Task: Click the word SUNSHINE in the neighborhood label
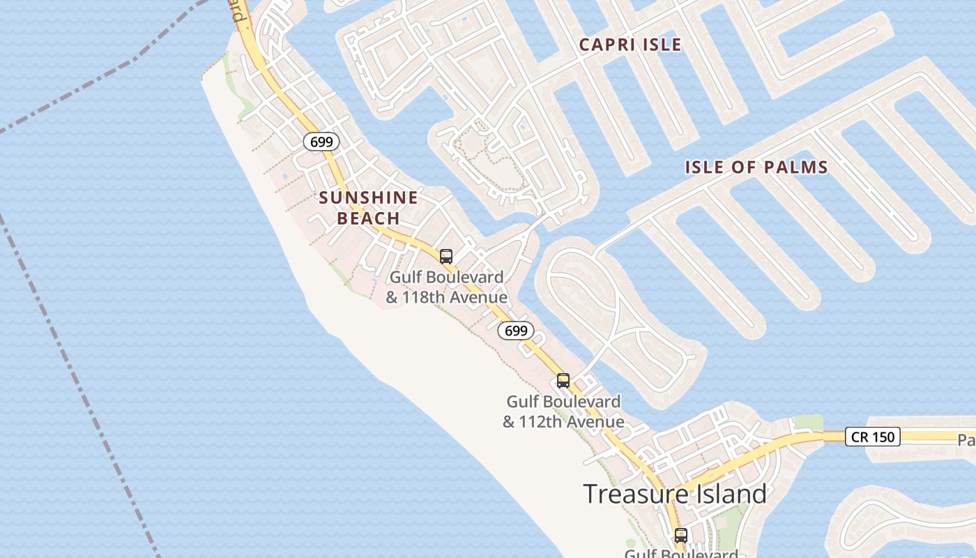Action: click(368, 197)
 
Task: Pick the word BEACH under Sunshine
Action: click(368, 218)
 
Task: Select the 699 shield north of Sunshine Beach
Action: click(321, 142)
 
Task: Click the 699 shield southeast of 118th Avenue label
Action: click(516, 331)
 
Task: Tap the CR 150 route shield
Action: click(873, 437)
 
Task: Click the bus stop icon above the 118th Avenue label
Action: click(446, 256)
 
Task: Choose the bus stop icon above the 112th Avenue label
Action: click(563, 381)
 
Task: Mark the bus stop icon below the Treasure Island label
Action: click(680, 536)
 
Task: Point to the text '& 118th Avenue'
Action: click(446, 298)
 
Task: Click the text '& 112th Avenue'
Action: click(563, 422)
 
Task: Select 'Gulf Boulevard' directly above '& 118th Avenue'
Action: click(446, 278)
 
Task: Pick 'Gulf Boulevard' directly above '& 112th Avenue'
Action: click(563, 402)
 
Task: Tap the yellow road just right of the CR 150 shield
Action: click(934, 437)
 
